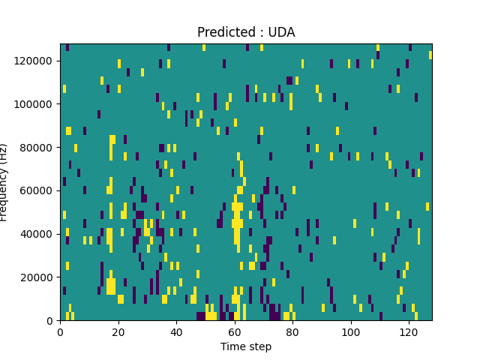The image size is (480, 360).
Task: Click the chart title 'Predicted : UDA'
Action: click(x=246, y=32)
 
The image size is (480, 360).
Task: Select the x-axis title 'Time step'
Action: click(x=246, y=346)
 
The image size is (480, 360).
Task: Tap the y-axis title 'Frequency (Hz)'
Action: click(x=5, y=182)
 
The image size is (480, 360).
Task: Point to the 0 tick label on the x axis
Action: click(x=60, y=331)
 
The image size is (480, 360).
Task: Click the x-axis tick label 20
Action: click(x=118, y=331)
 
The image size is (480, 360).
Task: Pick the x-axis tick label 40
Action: click(x=176, y=331)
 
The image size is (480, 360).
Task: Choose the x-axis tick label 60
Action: click(x=234, y=331)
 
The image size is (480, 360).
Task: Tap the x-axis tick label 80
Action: click(x=292, y=331)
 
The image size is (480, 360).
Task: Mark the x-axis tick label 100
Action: click(x=350, y=331)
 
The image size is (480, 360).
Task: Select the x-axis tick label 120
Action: click(x=409, y=331)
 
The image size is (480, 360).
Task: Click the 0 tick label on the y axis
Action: click(x=51, y=321)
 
